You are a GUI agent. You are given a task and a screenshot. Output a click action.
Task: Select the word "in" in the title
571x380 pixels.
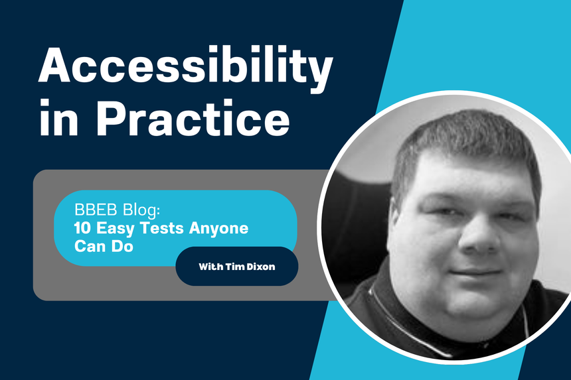(x=55, y=122)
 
